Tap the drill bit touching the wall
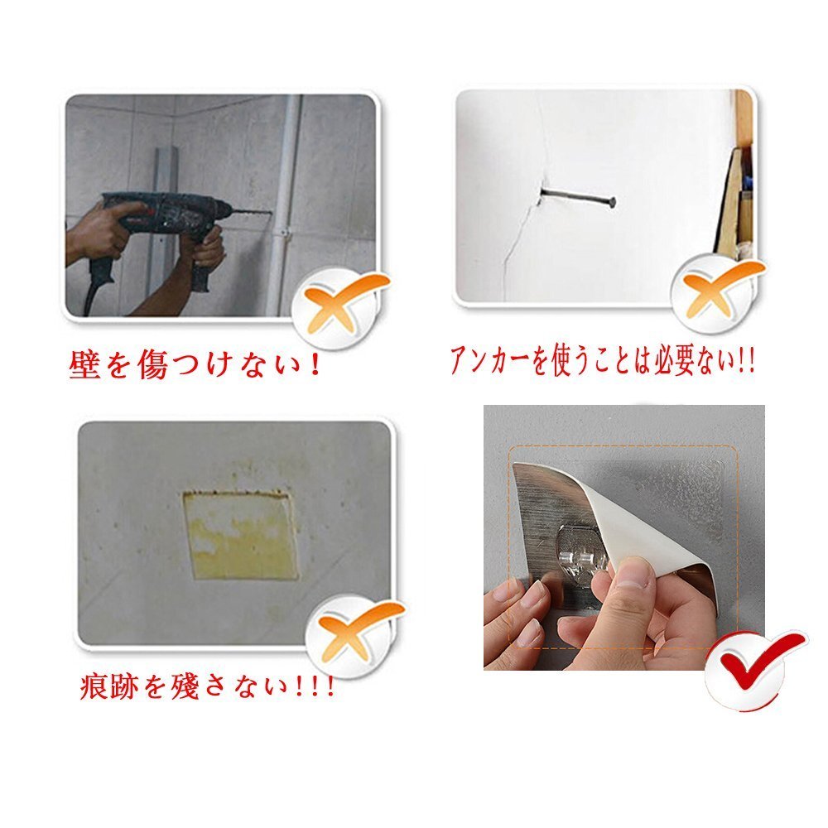click(x=253, y=212)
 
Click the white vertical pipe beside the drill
click(x=283, y=206)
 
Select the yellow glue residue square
click(x=240, y=534)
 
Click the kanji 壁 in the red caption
click(x=84, y=363)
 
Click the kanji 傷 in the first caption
click(x=153, y=363)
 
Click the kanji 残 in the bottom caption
click(x=185, y=686)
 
